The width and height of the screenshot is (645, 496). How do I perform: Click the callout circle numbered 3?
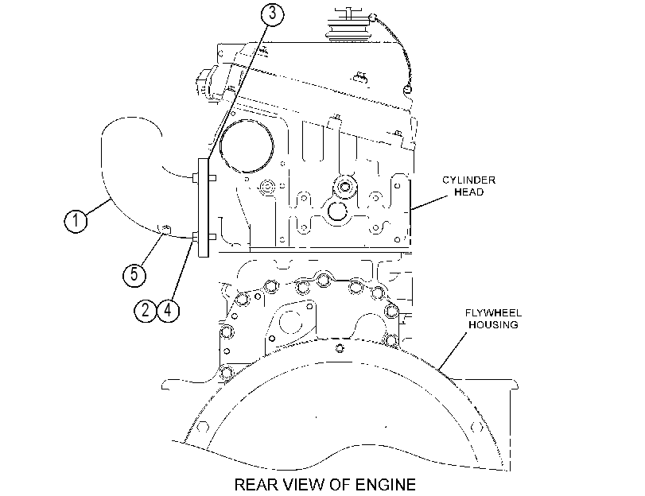tap(272, 14)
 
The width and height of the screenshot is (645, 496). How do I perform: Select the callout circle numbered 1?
tap(76, 220)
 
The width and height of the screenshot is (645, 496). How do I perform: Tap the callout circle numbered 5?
tap(134, 274)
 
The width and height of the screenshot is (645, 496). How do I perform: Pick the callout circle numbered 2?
tap(146, 310)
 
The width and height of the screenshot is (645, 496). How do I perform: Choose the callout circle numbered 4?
tap(169, 310)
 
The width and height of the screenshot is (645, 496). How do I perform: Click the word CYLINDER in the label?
tap(469, 180)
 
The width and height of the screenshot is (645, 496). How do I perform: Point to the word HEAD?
tap(469, 192)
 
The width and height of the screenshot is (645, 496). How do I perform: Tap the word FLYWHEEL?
tap(493, 313)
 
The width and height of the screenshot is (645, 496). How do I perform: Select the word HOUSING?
tap(493, 325)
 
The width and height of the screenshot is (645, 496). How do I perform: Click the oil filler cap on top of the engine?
tap(348, 25)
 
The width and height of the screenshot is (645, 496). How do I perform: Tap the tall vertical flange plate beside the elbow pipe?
tap(204, 207)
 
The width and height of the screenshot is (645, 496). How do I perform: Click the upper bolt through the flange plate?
tap(204, 178)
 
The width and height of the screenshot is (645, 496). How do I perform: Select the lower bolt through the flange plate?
tap(204, 237)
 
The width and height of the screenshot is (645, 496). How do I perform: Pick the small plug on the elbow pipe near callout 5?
tap(165, 229)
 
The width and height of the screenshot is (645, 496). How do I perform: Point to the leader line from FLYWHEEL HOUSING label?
tap(453, 351)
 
